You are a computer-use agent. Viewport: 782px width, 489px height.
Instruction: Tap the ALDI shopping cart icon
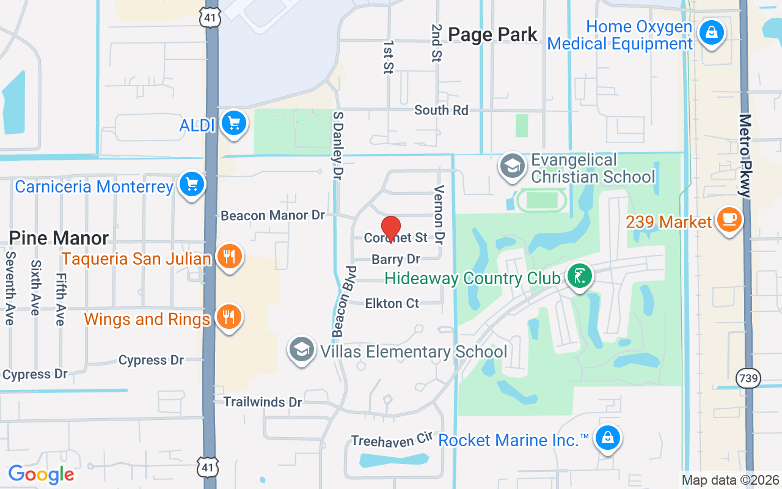[233, 123]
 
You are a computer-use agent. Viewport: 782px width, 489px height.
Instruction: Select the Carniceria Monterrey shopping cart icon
[192, 184]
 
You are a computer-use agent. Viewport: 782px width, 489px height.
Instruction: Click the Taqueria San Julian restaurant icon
[229, 257]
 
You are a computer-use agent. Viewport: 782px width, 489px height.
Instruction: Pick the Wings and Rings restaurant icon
[229, 317]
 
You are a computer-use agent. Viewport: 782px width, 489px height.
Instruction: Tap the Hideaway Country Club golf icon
[580, 276]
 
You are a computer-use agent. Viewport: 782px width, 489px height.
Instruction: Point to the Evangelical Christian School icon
[513, 166]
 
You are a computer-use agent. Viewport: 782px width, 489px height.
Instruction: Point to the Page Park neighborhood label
[492, 34]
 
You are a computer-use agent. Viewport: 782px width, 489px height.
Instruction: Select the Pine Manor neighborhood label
[59, 238]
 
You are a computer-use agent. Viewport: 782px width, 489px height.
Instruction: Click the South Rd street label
[441, 110]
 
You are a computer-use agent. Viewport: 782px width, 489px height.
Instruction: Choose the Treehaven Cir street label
[392, 440]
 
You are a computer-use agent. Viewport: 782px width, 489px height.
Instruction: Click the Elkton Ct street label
[392, 303]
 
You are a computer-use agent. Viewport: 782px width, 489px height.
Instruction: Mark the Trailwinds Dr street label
[263, 402]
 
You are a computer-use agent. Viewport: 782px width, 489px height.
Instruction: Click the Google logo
[41, 474]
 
